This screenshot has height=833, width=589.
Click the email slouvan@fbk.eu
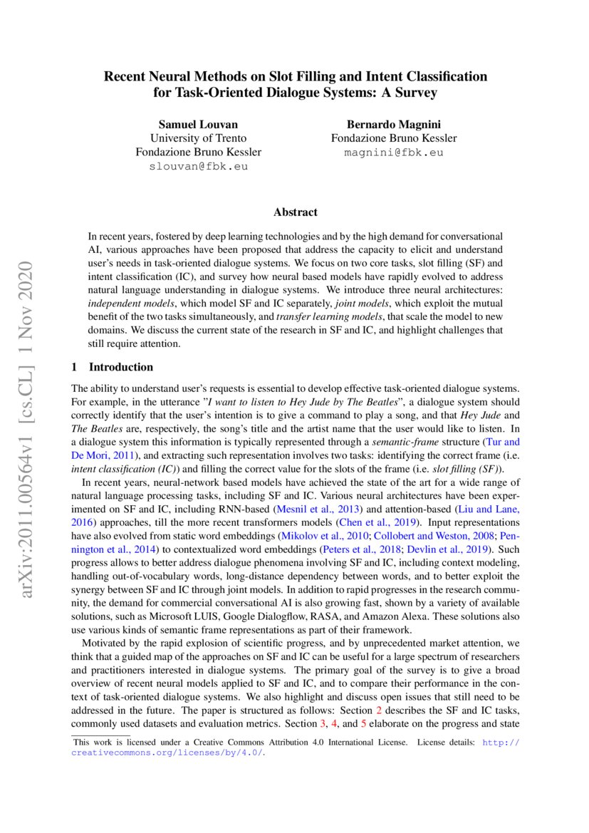coord(198,166)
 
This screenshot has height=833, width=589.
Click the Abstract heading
coord(295,212)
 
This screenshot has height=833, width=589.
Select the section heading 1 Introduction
coord(113,367)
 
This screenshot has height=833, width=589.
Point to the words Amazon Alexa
coord(390,617)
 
